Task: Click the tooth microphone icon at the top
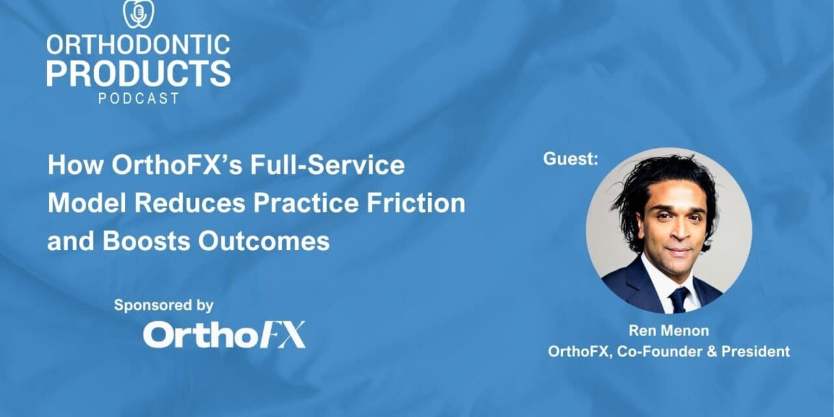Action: pos(138,14)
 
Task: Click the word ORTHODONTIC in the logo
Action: pos(138,45)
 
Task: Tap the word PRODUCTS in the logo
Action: pos(138,74)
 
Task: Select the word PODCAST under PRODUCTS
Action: pos(138,99)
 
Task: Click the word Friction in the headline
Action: pos(423,203)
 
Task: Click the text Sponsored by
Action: pos(164,305)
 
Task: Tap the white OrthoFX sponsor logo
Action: pos(223,335)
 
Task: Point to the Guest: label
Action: pos(570,158)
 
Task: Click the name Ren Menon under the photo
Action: pos(669,331)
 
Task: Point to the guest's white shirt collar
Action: pos(658,277)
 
